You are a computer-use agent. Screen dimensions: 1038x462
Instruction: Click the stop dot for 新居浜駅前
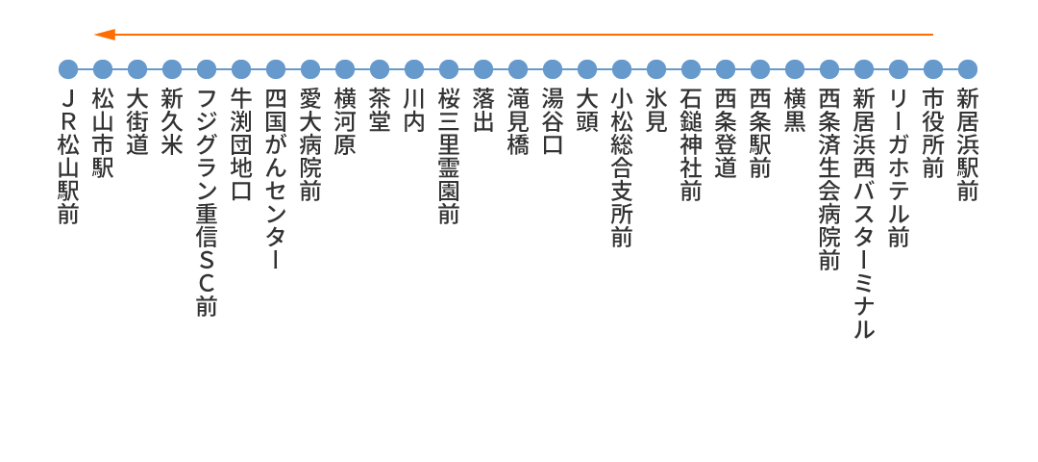(x=967, y=69)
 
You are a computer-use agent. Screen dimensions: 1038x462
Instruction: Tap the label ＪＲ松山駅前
(x=68, y=157)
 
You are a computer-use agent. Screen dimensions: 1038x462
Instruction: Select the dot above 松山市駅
(x=103, y=69)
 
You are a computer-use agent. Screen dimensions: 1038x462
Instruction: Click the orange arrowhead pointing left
(x=105, y=35)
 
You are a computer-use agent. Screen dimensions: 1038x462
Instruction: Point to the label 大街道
(x=137, y=122)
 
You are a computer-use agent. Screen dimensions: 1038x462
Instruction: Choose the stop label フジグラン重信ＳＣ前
(x=207, y=203)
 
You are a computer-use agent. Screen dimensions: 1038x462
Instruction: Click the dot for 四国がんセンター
(x=276, y=69)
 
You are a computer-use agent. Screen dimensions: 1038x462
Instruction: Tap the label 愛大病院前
(x=309, y=145)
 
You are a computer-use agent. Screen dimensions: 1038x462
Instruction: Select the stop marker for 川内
(x=413, y=69)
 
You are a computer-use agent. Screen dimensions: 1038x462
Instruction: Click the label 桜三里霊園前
(x=448, y=157)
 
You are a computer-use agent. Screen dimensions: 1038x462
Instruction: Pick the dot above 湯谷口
(x=552, y=69)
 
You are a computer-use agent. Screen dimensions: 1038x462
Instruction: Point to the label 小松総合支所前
(x=622, y=168)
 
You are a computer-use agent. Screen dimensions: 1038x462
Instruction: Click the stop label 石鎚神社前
(x=690, y=145)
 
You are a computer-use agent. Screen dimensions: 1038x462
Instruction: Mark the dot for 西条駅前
(x=760, y=69)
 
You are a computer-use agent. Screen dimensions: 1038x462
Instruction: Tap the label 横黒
(x=795, y=112)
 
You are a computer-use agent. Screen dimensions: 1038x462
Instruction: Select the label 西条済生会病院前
(x=828, y=180)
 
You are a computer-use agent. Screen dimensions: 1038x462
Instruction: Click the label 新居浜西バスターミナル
(x=864, y=214)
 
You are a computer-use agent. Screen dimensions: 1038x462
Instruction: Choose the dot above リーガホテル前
(x=899, y=69)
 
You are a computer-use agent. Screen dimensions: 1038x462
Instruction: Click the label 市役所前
(x=932, y=134)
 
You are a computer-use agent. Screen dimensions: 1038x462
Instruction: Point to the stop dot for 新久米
(x=171, y=69)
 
